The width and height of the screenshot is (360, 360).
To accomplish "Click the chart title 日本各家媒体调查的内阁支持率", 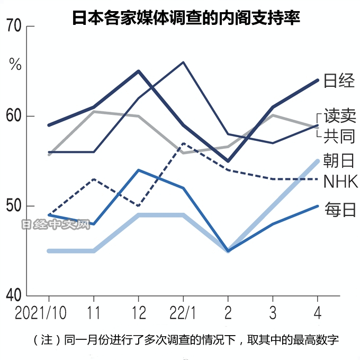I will point(186,19).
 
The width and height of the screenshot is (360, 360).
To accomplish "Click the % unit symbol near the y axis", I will point(15,66).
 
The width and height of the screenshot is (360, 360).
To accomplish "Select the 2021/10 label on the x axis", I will point(41,312).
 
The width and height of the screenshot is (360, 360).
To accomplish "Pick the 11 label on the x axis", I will point(94,312).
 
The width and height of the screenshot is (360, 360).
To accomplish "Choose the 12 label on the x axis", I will point(138,312).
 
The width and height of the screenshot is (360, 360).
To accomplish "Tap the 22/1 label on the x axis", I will point(183,312).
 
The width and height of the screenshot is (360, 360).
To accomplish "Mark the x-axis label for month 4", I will point(317,312).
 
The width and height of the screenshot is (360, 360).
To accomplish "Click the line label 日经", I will point(339,81).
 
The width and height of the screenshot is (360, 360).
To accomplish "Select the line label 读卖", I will point(340,116).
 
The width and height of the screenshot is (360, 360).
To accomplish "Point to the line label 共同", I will point(340,136).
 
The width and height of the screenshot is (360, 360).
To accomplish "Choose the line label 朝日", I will point(339,161).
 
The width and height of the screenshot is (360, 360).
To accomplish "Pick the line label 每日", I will point(339,209).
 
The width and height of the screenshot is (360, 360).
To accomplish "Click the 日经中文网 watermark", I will point(56,226).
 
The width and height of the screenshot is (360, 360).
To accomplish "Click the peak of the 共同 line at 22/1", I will point(183,62).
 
